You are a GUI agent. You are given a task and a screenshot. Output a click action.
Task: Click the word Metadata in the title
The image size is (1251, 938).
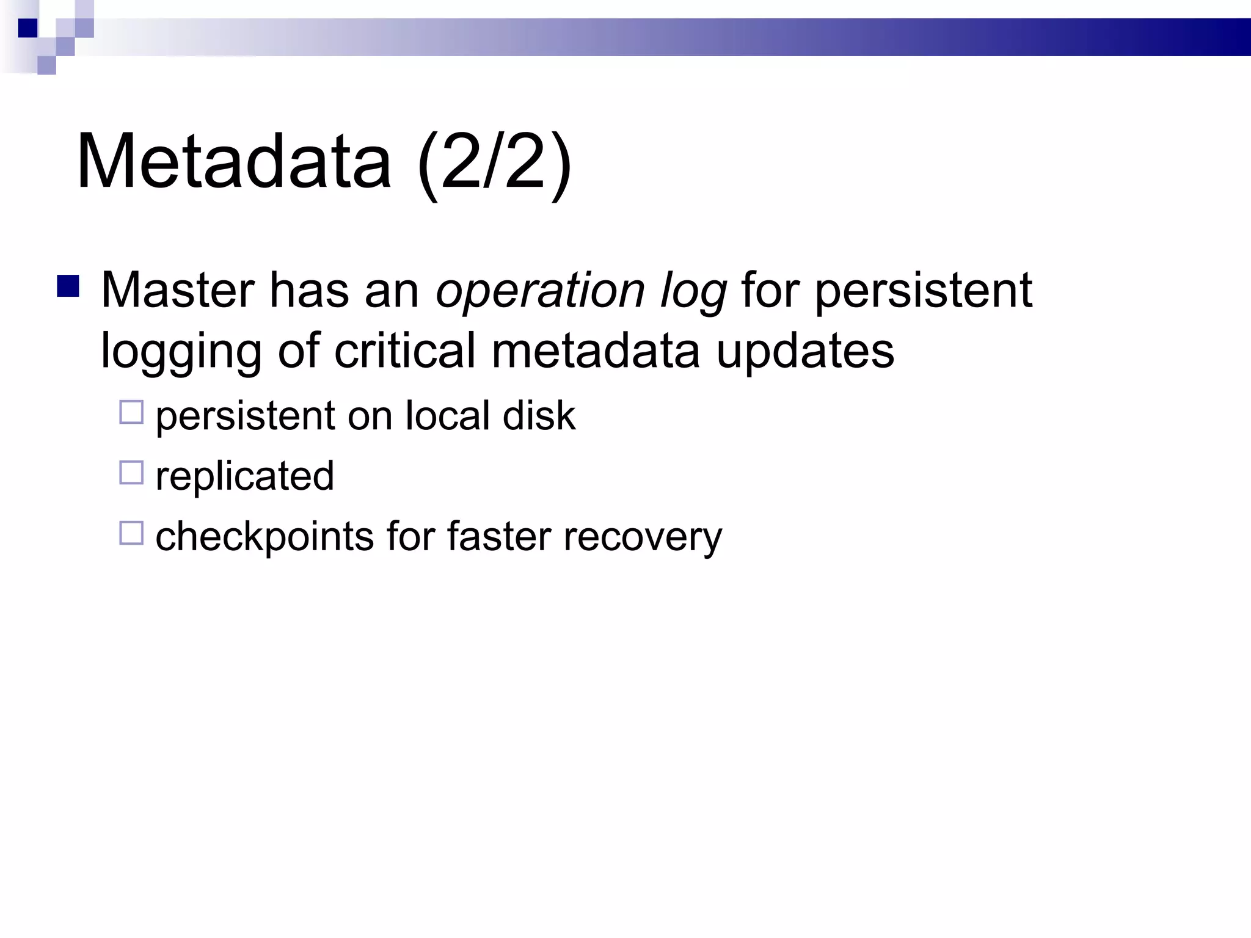[233, 162]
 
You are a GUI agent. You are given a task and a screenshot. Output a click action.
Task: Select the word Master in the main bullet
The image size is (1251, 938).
[177, 290]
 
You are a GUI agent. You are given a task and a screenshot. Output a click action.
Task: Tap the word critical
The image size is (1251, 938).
[404, 351]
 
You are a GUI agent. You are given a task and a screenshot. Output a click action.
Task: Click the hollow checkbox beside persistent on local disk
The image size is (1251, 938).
[131, 412]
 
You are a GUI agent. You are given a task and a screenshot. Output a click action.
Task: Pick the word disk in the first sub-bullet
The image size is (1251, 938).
[539, 416]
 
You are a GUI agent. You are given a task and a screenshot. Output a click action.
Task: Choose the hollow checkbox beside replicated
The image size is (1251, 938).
[131, 473]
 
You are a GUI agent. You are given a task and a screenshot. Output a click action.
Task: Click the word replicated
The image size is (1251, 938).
[244, 476]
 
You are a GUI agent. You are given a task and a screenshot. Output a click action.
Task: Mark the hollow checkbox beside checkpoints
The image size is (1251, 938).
[131, 533]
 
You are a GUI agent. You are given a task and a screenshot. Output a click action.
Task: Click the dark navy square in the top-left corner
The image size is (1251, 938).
[27, 28]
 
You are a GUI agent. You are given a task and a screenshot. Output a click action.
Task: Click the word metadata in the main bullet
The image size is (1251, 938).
[596, 351]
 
